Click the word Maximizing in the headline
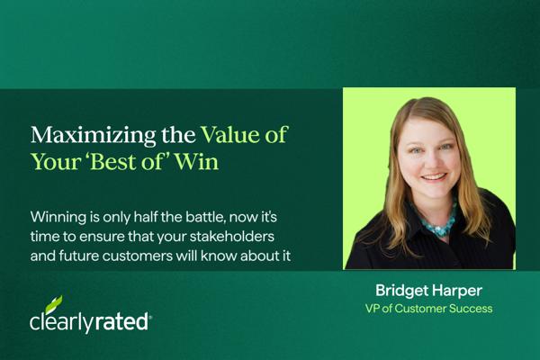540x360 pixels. (x=93, y=136)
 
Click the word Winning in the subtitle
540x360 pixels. (x=58, y=218)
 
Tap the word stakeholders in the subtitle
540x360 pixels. (x=232, y=237)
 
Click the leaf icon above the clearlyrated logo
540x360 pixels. (x=54, y=304)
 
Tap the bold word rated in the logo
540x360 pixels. (x=121, y=322)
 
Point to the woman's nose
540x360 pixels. (x=430, y=159)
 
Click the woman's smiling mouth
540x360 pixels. (x=434, y=177)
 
